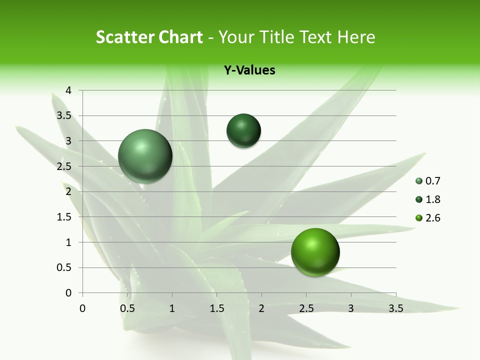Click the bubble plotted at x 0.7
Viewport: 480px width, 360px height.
coord(145,156)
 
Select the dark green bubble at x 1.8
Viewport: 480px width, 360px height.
coord(243,130)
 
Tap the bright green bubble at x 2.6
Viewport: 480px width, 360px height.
coord(315,252)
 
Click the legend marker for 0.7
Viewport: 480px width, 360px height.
coord(419,181)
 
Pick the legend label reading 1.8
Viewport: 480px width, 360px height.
coord(432,199)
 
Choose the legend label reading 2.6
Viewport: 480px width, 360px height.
coord(432,218)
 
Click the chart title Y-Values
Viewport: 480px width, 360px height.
coord(249,70)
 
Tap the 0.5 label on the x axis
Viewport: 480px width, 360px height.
coord(127,308)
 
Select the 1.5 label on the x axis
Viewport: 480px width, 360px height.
coord(217,308)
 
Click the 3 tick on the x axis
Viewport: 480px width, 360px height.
coord(351,308)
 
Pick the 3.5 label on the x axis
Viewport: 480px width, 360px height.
coord(395,308)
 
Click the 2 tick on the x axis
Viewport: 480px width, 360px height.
coord(261,308)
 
